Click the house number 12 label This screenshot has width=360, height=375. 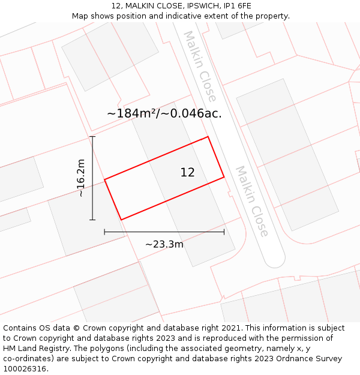click(x=187, y=173)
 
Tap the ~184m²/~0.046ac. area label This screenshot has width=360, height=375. click(x=164, y=113)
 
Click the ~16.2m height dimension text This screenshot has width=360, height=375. click(x=81, y=178)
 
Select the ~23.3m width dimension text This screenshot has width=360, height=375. click(x=164, y=244)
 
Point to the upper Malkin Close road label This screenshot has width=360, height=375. click(x=200, y=66)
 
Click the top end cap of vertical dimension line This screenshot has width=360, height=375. click(x=92, y=137)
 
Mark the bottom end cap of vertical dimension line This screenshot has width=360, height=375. click(x=92, y=220)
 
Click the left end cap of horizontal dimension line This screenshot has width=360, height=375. click(x=104, y=232)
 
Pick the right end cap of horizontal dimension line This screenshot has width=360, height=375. click(x=224, y=232)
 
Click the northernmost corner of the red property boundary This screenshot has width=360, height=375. click(x=208, y=137)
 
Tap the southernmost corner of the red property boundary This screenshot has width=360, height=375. click(x=121, y=220)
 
